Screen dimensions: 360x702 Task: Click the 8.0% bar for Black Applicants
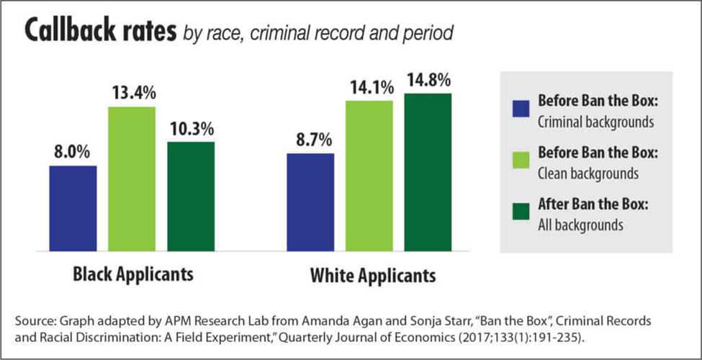point(73,208)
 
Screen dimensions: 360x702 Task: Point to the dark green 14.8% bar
point(428,172)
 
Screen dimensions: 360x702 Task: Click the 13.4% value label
point(132,94)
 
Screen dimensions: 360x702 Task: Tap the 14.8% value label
point(428,80)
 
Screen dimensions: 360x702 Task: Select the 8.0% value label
point(73,152)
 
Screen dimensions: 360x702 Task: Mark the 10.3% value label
point(191,129)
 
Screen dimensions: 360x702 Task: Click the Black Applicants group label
point(133,275)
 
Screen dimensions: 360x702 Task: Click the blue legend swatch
point(521,109)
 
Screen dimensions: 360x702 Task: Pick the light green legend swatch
point(521,161)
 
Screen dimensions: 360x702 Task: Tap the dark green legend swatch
point(521,214)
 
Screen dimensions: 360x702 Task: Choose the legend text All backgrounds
point(580,225)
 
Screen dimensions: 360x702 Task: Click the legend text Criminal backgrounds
point(595,122)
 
